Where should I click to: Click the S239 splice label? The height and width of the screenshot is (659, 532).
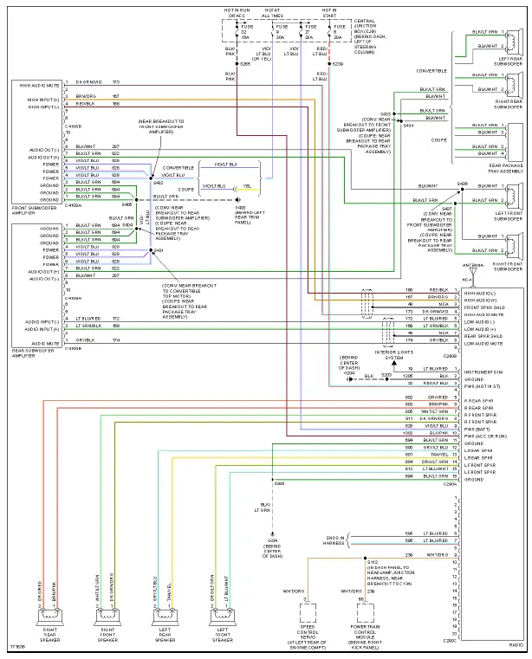(337, 64)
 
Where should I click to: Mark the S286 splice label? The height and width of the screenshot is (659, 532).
(244, 64)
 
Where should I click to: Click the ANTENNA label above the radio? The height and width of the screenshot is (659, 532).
(473, 265)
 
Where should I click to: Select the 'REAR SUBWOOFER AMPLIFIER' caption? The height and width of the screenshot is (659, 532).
(33, 352)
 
